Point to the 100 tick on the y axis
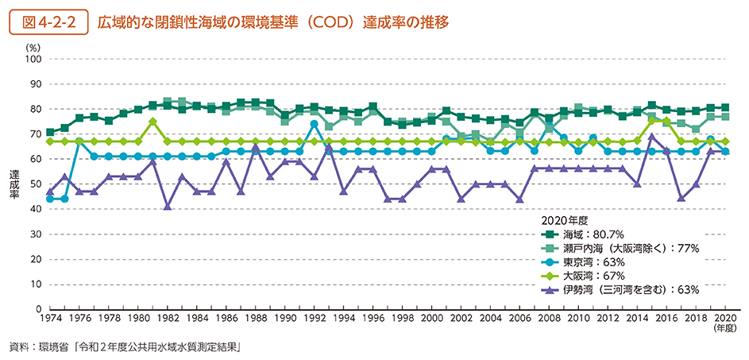point(33,59)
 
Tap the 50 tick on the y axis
point(36,184)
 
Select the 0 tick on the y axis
point(38,308)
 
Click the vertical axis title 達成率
point(15,184)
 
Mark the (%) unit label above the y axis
point(33,48)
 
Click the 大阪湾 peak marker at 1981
point(153,122)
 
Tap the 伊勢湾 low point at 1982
point(168,207)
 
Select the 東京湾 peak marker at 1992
point(315,124)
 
